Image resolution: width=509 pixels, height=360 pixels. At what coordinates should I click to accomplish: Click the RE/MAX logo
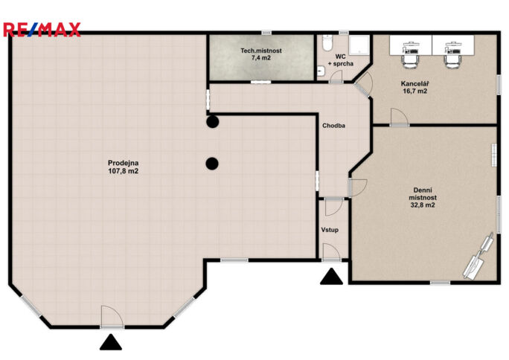tap(42, 30)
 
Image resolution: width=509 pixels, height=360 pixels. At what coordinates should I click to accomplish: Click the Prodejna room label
tap(124, 163)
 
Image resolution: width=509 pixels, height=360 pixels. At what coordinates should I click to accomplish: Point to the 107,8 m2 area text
tap(124, 172)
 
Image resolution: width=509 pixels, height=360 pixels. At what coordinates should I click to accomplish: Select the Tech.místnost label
tap(260, 51)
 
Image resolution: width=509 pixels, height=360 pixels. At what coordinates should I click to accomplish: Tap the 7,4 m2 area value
tap(260, 58)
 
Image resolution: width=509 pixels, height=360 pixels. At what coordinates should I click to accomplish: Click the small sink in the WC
tap(320, 71)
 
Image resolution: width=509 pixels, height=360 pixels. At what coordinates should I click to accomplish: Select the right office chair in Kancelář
tap(452, 54)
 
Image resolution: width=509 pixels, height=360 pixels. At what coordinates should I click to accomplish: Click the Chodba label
tap(333, 126)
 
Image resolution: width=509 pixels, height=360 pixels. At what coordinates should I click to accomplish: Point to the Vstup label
tap(330, 231)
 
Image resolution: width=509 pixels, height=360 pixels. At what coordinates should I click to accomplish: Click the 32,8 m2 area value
tap(422, 206)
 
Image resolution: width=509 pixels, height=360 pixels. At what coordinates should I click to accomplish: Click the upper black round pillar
tap(212, 121)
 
